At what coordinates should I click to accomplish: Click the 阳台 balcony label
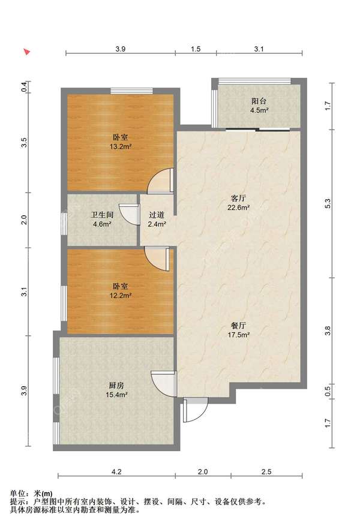[x=259, y=101]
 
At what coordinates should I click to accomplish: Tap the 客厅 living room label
[x=238, y=199]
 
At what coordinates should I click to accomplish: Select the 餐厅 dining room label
[x=238, y=326]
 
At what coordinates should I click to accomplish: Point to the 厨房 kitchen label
[x=116, y=385]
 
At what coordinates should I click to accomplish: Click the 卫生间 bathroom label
[x=102, y=215]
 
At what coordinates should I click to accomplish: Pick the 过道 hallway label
[x=157, y=215]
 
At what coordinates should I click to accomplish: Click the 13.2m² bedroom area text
[x=121, y=146]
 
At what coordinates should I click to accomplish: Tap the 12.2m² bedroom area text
[x=121, y=296]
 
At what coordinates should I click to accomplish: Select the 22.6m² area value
[x=238, y=208]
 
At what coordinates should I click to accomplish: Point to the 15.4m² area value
[x=116, y=395]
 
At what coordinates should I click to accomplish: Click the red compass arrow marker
[x=27, y=52]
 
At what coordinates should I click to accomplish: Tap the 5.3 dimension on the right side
[x=328, y=204]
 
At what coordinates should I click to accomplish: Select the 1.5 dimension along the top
[x=196, y=49]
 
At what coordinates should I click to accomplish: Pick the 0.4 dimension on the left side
[x=24, y=87]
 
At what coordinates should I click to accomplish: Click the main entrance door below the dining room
[x=196, y=410]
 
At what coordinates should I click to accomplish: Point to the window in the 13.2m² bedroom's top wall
[x=132, y=91]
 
